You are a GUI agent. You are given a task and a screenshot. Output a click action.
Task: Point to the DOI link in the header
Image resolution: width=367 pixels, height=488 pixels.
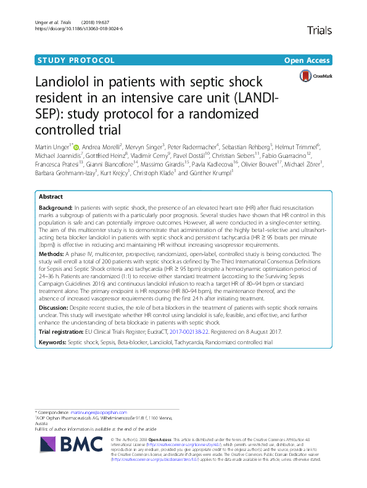point(80,28)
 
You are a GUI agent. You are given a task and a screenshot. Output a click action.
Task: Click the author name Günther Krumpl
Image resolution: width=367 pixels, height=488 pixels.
point(214,173)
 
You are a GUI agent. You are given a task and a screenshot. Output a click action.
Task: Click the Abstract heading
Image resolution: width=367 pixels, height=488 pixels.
point(51,196)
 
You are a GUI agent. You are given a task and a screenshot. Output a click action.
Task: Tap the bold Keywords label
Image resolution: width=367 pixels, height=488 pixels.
point(53,342)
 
